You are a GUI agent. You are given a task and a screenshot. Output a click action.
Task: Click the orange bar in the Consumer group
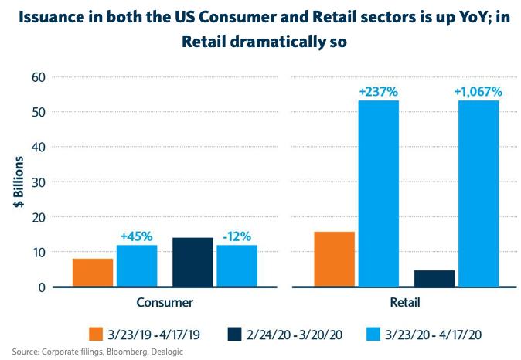tap(93, 273)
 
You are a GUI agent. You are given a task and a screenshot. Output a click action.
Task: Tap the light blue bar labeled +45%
tap(137, 267)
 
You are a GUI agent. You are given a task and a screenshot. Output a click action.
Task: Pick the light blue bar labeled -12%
tap(237, 267)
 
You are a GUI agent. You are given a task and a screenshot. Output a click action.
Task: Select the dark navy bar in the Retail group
tap(434, 279)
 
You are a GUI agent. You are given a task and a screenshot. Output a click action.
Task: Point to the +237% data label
tap(378, 92)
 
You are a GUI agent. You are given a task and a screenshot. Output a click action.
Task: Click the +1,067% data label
tap(478, 92)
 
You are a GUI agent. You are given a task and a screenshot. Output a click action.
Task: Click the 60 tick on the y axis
tap(37, 77)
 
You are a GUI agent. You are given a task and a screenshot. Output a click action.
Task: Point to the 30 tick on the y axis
tap(37, 182)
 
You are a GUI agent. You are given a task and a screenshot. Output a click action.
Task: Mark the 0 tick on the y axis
tap(41, 287)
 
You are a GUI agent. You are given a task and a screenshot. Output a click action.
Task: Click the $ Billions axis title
tap(17, 182)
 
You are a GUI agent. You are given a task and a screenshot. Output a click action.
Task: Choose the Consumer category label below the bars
tap(165, 302)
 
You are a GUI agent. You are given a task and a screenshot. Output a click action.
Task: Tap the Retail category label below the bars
tap(407, 302)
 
